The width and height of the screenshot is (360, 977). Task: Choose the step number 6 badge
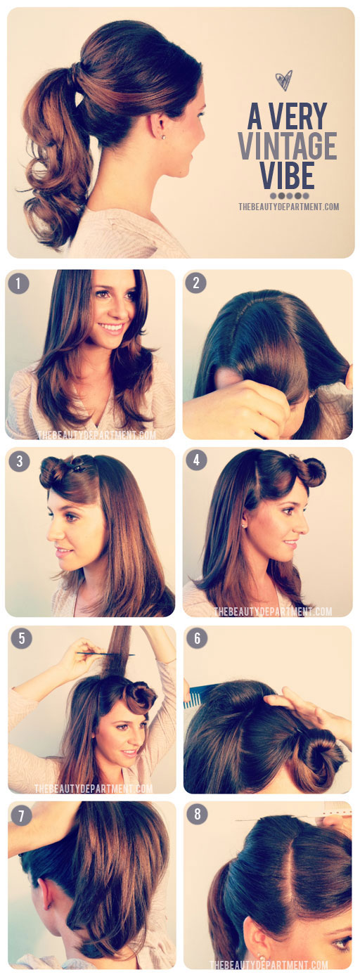(x=198, y=638)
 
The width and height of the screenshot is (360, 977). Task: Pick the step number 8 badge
(x=198, y=815)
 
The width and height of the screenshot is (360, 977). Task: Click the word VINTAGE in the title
(x=287, y=145)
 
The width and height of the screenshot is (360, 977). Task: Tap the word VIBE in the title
(x=287, y=175)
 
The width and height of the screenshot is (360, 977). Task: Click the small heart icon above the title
(x=284, y=81)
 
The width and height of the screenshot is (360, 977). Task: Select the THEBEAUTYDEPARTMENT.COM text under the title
(x=288, y=207)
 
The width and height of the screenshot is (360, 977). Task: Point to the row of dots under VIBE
(x=288, y=195)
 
